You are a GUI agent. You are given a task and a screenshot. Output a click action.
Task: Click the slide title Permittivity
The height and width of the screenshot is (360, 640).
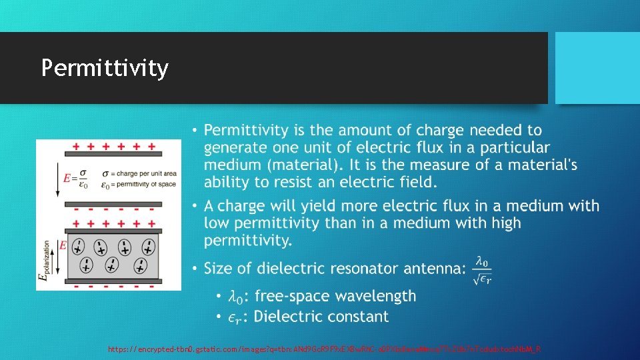click(105, 68)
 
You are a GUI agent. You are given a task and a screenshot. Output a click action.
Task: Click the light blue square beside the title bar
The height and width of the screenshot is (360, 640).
click(597, 68)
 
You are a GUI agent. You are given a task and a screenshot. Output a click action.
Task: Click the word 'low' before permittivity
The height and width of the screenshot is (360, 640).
click(218, 223)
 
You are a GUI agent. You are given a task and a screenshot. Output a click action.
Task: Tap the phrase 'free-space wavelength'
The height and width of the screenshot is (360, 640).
click(335, 296)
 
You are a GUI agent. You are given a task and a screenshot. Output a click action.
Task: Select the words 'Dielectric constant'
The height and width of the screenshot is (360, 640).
click(321, 317)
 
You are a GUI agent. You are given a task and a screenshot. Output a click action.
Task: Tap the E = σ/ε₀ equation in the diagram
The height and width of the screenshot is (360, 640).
click(76, 179)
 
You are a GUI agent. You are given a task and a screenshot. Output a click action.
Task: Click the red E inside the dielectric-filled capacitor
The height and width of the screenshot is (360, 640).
click(63, 245)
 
